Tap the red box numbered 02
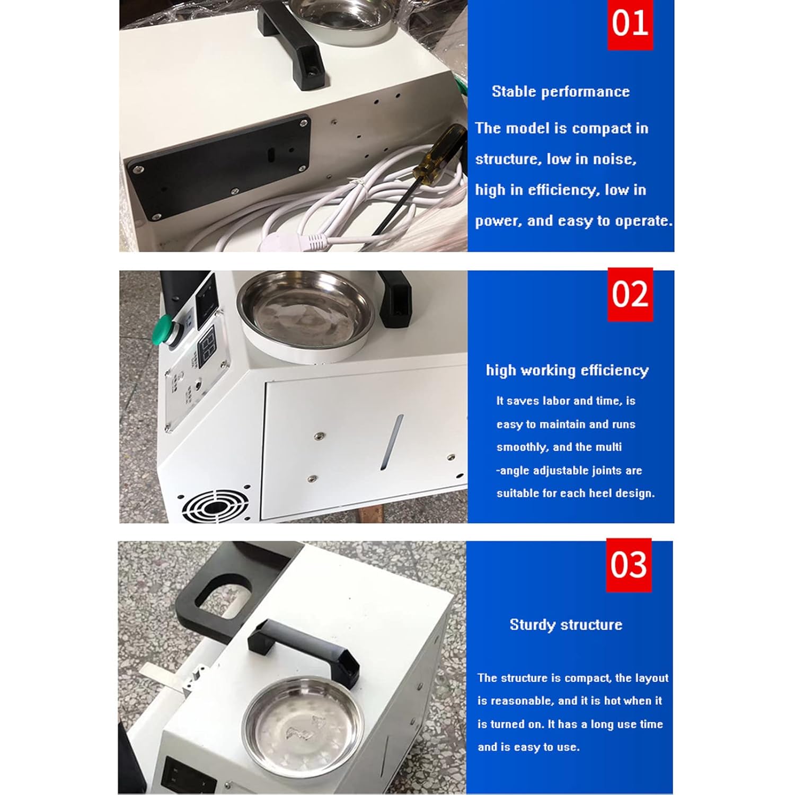(630, 295)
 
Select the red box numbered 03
(629, 565)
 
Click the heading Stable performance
(561, 92)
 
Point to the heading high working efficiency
(567, 370)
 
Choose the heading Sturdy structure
(566, 625)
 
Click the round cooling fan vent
(215, 506)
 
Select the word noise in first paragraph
(614, 159)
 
